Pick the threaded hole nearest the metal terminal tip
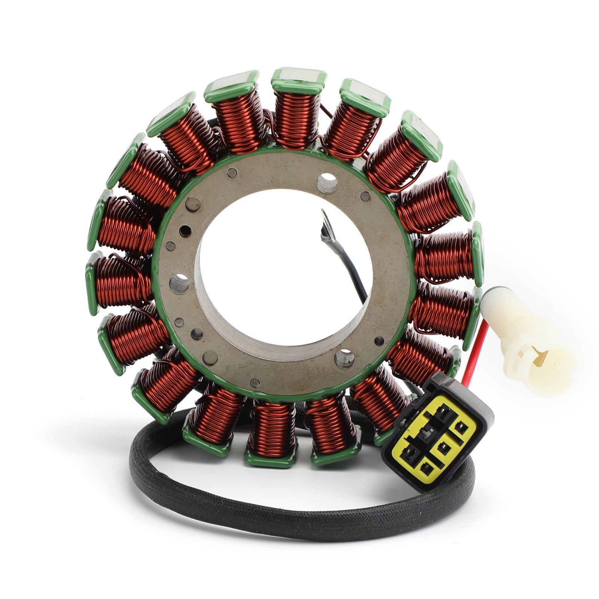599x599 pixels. (326, 183)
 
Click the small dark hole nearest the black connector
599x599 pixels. (379, 341)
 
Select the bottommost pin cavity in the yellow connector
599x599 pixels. (425, 466)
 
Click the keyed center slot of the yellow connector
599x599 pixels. (425, 434)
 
